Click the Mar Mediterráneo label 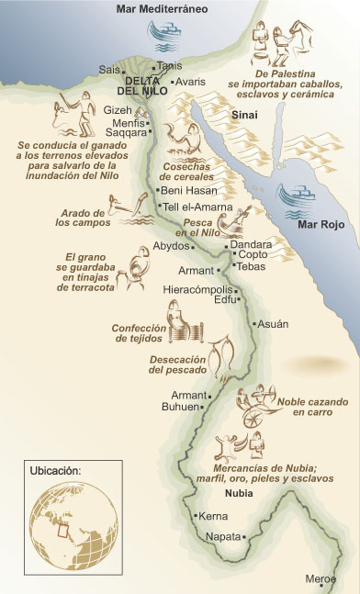pyautogui.click(x=162, y=8)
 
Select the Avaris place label pyautogui.click(x=190, y=81)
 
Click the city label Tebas pyautogui.click(x=251, y=266)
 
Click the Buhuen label pyautogui.click(x=180, y=406)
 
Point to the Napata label pyautogui.click(x=222, y=535)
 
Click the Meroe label pyautogui.click(x=321, y=578)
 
